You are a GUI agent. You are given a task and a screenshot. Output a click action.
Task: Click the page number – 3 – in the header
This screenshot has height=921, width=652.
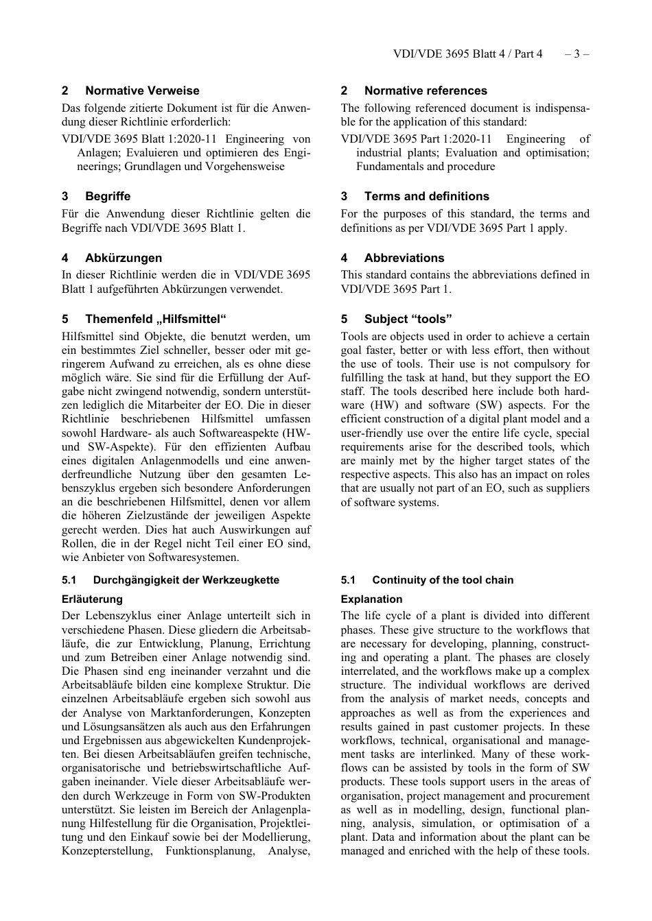tap(577, 53)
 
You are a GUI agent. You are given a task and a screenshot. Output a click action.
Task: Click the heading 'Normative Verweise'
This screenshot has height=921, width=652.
tap(142, 91)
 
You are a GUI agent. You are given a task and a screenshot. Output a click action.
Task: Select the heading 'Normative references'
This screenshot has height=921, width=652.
tap(426, 91)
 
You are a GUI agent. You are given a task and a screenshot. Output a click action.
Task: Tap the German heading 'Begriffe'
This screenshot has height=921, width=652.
tap(108, 196)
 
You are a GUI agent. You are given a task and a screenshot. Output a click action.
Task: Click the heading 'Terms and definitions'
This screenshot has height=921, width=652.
tap(426, 196)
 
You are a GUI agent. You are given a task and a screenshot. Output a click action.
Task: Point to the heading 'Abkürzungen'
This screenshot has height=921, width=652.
tap(124, 258)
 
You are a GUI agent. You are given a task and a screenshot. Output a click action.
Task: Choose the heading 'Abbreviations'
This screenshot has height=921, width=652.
tap(404, 258)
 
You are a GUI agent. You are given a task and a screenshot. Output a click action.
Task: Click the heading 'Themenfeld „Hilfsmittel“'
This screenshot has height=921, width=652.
tap(156, 319)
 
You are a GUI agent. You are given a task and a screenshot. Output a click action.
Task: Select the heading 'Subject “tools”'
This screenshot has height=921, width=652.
tap(408, 319)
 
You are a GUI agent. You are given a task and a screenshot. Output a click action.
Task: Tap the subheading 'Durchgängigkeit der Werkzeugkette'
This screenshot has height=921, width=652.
tap(186, 580)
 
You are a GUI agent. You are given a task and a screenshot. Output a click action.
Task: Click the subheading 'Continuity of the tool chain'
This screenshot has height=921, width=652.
tap(443, 580)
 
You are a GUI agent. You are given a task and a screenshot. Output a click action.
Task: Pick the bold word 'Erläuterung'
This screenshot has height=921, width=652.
tap(92, 599)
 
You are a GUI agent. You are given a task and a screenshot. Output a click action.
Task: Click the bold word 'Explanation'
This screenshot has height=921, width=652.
tap(371, 599)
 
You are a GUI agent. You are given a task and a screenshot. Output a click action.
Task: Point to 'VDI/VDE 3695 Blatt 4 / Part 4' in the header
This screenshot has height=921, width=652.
tap(467, 53)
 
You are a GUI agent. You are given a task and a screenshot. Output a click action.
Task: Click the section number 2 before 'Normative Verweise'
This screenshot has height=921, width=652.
tap(65, 91)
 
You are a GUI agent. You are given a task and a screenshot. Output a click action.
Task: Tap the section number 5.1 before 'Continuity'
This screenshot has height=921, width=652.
tap(348, 580)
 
